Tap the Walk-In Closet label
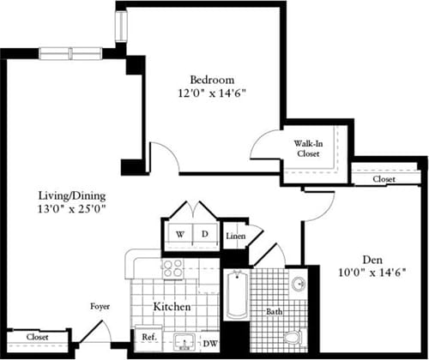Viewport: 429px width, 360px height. (310, 148)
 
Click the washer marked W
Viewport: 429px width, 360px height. (180, 234)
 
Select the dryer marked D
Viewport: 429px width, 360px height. (205, 234)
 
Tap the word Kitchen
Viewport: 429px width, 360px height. (172, 305)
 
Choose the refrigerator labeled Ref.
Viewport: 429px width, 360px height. (147, 338)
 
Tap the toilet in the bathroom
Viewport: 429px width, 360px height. (294, 337)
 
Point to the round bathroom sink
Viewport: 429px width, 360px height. (297, 284)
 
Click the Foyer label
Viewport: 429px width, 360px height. (100, 305)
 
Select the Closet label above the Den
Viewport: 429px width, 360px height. (384, 180)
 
